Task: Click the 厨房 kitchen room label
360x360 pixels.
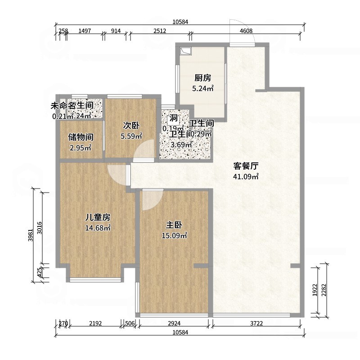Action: pyautogui.click(x=202, y=78)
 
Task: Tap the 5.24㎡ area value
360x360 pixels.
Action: pyautogui.click(x=202, y=88)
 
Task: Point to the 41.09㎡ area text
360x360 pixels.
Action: pyautogui.click(x=245, y=176)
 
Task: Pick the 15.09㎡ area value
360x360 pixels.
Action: pyautogui.click(x=174, y=235)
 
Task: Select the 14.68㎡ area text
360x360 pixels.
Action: pyautogui.click(x=98, y=228)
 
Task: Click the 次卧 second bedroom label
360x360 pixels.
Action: pyautogui.click(x=131, y=125)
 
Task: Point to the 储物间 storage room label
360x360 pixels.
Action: pyautogui.click(x=80, y=137)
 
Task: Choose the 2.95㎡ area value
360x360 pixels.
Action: pyautogui.click(x=80, y=147)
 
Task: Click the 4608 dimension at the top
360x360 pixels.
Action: pyautogui.click(x=246, y=31)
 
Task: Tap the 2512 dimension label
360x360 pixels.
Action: pyautogui.click(x=160, y=31)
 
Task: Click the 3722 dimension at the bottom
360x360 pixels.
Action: pyautogui.click(x=257, y=323)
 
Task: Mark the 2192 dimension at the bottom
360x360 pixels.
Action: pyautogui.click(x=95, y=323)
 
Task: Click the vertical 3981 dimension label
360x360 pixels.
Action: pyautogui.click(x=30, y=235)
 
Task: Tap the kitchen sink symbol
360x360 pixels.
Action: pyautogui.click(x=185, y=51)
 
